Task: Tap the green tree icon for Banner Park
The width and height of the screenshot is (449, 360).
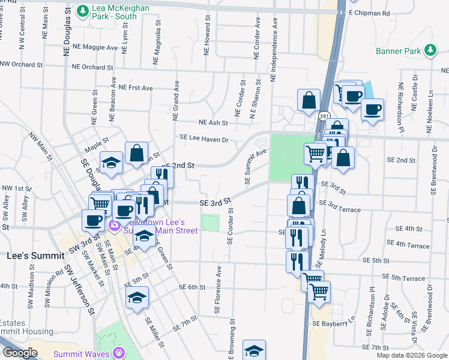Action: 430,50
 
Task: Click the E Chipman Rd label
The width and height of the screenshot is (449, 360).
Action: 369,13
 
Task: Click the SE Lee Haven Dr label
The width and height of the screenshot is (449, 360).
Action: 204,139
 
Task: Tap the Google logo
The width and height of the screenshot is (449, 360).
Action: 20,353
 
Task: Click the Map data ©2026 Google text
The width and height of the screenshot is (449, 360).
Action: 412,355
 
